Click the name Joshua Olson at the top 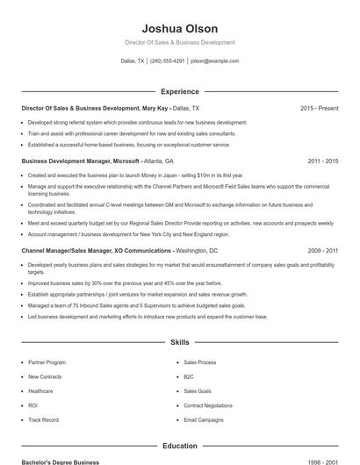tap(180, 28)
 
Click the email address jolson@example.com tap(215, 61)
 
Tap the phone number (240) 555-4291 tap(168, 61)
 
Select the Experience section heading tap(180, 91)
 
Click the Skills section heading tap(180, 343)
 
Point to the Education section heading tap(180, 446)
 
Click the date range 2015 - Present tap(319, 108)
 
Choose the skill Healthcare tap(40, 391)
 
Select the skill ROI tap(32, 405)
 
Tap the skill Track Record tap(43, 420)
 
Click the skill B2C tap(189, 376)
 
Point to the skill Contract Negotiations tap(208, 405)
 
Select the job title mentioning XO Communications tap(97, 250)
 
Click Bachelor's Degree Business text tap(61, 461)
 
